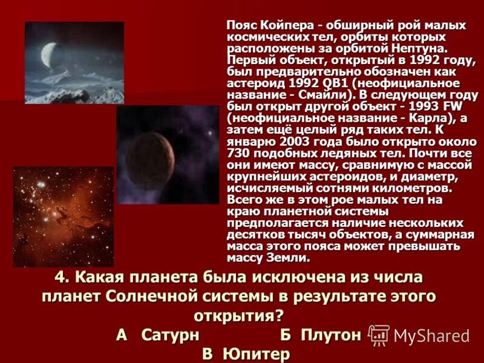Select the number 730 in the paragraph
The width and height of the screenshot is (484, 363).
tap(239, 152)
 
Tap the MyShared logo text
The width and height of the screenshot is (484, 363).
tap(431, 336)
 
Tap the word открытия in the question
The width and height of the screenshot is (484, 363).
tap(232, 316)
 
